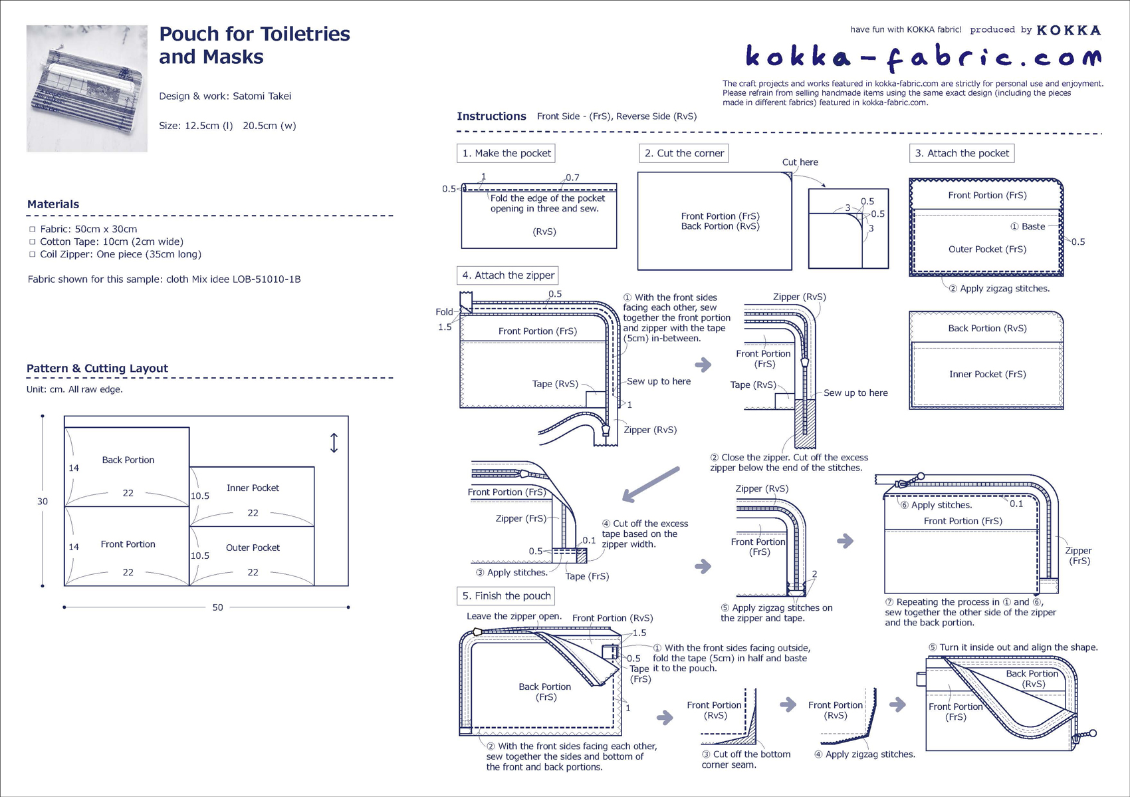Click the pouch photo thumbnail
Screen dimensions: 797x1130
(87, 88)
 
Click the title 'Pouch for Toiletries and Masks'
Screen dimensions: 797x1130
(254, 45)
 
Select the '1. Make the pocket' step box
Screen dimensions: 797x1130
(507, 153)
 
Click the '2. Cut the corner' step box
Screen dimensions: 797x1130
(683, 153)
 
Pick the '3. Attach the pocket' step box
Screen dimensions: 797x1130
(961, 153)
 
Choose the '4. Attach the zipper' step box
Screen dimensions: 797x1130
(508, 275)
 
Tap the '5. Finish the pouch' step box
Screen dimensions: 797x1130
(506, 595)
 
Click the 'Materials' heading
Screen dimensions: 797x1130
(53, 204)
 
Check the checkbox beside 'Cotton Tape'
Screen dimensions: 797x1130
(32, 241)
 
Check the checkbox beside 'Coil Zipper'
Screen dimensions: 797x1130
(32, 254)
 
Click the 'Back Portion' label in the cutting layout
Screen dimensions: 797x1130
(128, 460)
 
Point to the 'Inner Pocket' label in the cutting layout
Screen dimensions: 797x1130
(253, 488)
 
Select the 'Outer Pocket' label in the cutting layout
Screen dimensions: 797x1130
(253, 548)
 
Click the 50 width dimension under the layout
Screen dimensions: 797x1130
(217, 607)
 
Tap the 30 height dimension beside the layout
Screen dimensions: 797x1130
(43, 501)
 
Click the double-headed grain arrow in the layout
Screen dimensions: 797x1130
(334, 443)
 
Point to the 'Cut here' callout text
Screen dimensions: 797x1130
(800, 162)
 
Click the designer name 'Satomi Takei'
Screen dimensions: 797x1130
(262, 96)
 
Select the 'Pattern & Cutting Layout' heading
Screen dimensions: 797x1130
(97, 368)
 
